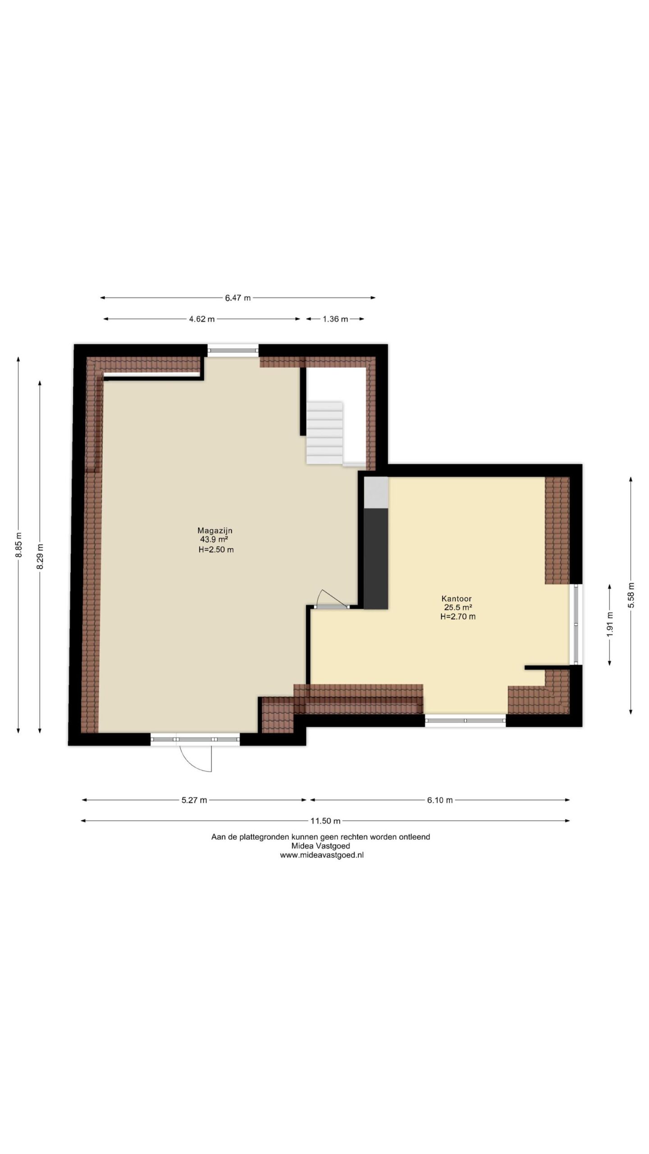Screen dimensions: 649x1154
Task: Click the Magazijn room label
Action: pos(215,531)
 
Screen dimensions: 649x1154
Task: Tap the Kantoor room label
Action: pos(457,599)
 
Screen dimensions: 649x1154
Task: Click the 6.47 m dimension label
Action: pos(238,298)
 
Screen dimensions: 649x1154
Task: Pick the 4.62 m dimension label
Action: pos(202,319)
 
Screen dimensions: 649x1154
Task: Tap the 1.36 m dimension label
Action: pos(335,319)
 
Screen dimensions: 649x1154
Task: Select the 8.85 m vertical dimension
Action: pos(18,545)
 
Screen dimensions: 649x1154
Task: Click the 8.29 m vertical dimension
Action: pos(40,557)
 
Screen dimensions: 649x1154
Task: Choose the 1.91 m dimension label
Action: pos(610,624)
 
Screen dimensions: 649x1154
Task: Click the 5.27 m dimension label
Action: pos(194,800)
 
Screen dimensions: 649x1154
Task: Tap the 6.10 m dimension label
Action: pos(440,800)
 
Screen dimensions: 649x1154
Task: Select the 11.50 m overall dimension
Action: pos(325,821)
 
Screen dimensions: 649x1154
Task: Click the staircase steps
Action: pos(324,433)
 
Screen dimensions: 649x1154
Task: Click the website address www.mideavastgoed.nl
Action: pos(322,855)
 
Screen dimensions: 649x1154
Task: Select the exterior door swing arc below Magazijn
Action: pos(196,759)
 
